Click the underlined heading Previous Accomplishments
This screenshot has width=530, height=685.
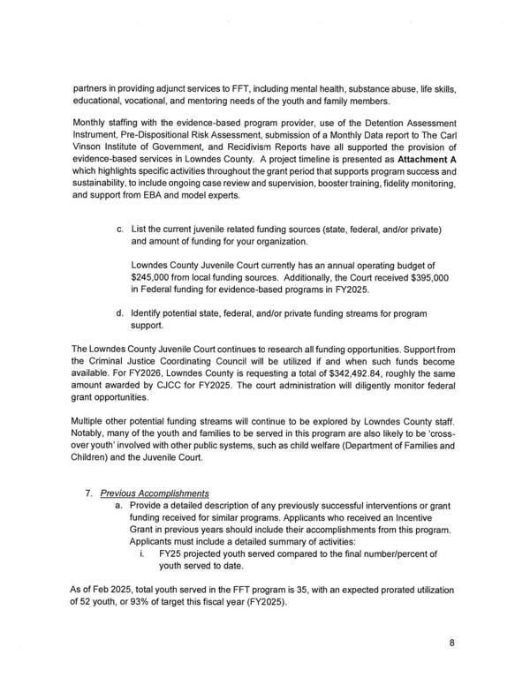[155, 493]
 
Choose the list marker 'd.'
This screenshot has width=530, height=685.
[119, 312]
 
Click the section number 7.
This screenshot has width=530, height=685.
[88, 493]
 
